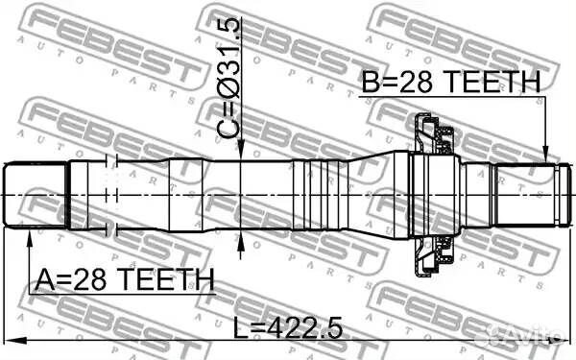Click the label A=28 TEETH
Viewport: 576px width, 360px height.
(x=124, y=280)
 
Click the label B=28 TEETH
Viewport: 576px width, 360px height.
(x=451, y=82)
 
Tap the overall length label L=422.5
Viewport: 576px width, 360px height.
(x=288, y=327)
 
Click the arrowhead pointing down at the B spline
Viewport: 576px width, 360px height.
(x=545, y=154)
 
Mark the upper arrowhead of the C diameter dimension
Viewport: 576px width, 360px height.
(x=240, y=152)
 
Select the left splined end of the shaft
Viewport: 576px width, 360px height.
(x=36, y=195)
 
